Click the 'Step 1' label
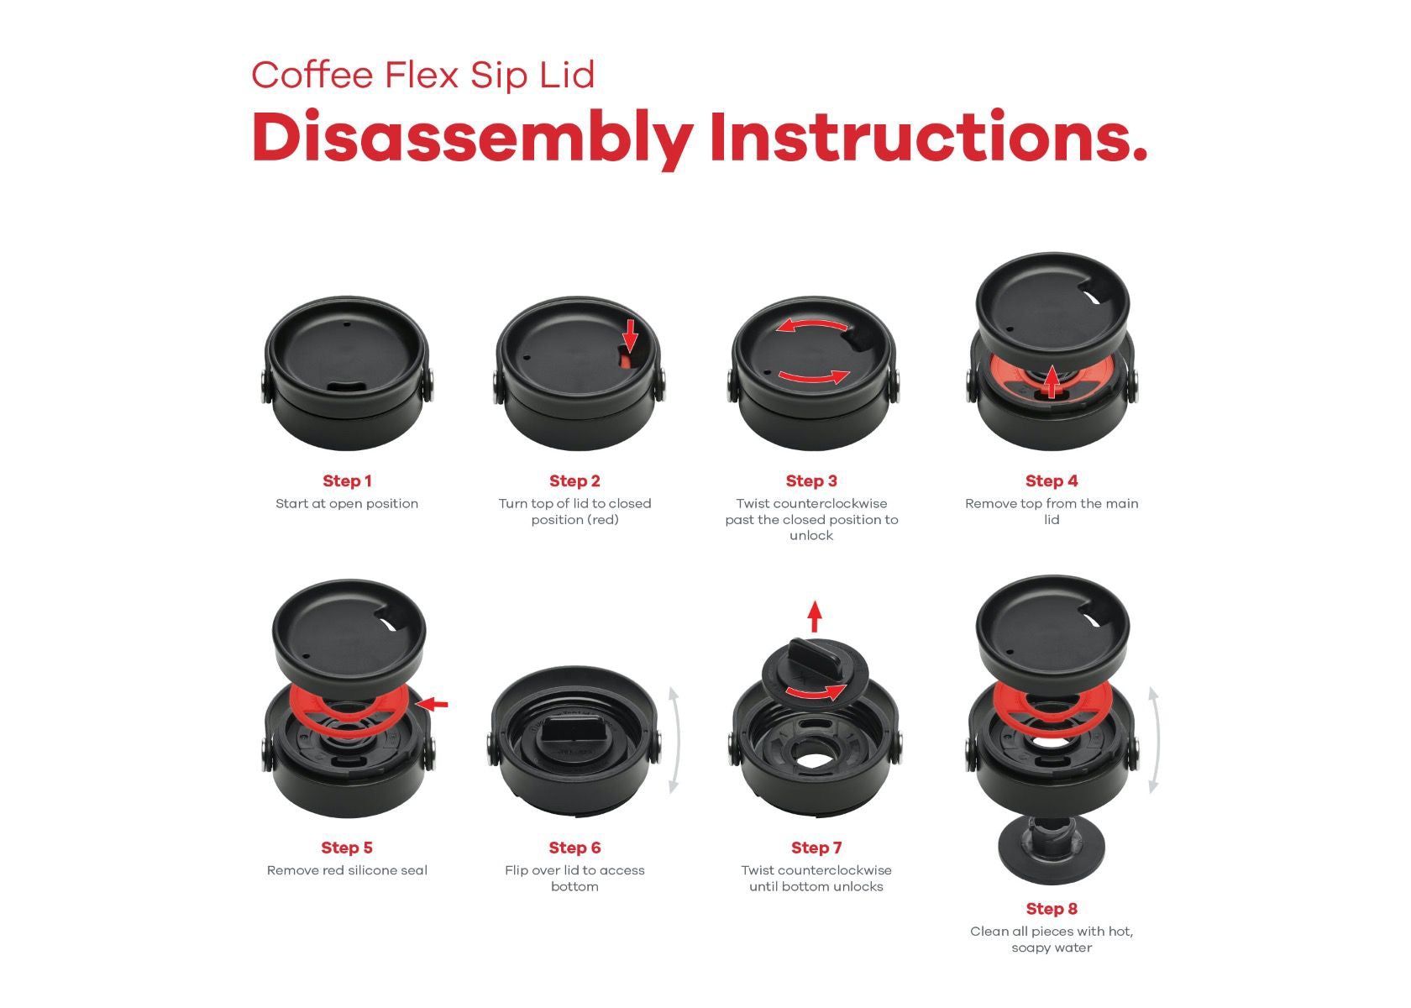(x=347, y=480)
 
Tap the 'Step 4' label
(x=1052, y=480)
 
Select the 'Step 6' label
(x=574, y=848)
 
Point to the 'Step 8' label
(x=1052, y=909)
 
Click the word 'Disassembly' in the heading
(x=472, y=139)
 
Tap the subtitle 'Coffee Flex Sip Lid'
(x=422, y=76)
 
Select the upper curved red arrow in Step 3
(x=812, y=323)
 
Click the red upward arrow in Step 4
(x=1050, y=381)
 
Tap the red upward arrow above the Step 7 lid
(x=815, y=617)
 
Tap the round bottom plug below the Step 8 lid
(x=1052, y=850)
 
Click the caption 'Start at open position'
(x=347, y=503)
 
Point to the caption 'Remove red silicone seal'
(x=347, y=870)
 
